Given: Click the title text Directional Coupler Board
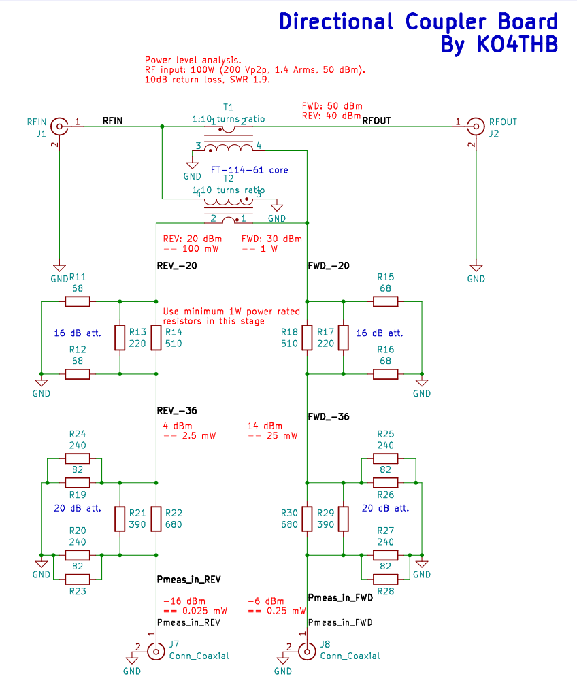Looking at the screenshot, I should pyautogui.click(x=418, y=22).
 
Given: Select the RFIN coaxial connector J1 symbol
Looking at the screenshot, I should pyautogui.click(x=60, y=126).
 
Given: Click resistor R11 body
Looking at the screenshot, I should pyautogui.click(x=78, y=301).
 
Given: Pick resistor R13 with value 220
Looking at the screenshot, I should pyautogui.click(x=120, y=337).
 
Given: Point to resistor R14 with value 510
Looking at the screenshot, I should pyautogui.click(x=156, y=337).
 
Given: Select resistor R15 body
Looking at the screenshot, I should pyautogui.click(x=386, y=301).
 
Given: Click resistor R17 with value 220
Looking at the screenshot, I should pyautogui.click(x=344, y=337).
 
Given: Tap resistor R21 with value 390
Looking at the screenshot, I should pyautogui.click(x=120, y=518).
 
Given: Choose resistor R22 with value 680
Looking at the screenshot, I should pyautogui.click(x=156, y=518).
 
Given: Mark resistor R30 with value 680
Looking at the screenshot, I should pyautogui.click(x=307, y=518).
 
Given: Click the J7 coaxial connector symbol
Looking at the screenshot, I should pyautogui.click(x=156, y=652).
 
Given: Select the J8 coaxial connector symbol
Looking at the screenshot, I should pyautogui.click(x=307, y=652).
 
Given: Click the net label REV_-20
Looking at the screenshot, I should pyautogui.click(x=177, y=266).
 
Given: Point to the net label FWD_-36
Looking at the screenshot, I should pyautogui.click(x=329, y=416).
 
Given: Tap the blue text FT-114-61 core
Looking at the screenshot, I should pyautogui.click(x=248, y=169).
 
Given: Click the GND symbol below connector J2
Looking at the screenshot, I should pyautogui.click(x=476, y=269).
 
